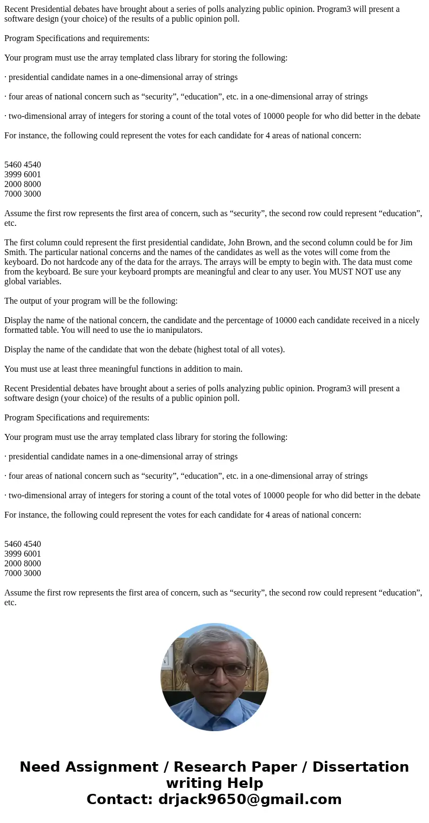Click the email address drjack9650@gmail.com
[250, 799]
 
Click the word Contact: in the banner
[119, 799]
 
